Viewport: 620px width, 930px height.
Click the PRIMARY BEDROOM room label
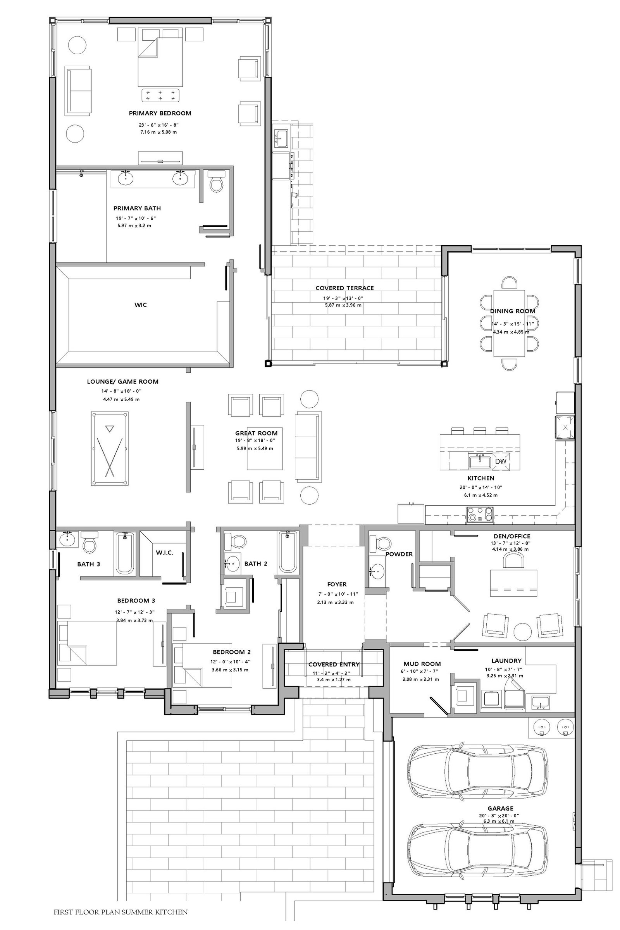(x=160, y=113)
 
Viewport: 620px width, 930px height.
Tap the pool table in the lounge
(x=110, y=448)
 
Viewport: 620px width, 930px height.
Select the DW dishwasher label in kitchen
(x=501, y=461)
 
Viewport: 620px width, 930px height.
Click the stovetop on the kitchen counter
(x=480, y=515)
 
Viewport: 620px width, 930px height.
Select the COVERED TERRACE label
(x=344, y=288)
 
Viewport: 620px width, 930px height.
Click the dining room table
(x=509, y=323)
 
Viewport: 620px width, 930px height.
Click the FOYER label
(x=337, y=584)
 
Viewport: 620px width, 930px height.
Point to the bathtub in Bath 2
(x=288, y=552)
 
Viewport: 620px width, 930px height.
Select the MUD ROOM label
(x=422, y=664)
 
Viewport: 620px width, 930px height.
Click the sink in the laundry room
(x=541, y=702)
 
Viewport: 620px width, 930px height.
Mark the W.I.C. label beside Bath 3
(x=164, y=553)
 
